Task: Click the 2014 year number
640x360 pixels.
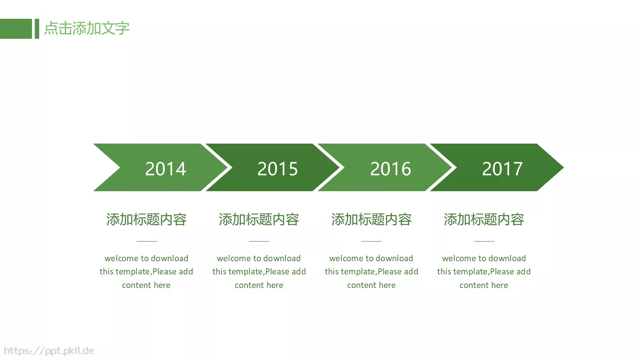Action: pyautogui.click(x=166, y=169)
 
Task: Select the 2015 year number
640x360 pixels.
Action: pyautogui.click(x=278, y=169)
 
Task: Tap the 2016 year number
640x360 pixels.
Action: pyautogui.click(x=390, y=169)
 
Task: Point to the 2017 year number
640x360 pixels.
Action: pyautogui.click(x=502, y=169)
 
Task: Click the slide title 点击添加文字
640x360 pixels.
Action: pyautogui.click(x=86, y=28)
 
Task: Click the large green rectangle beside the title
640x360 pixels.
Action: pyautogui.click(x=16, y=29)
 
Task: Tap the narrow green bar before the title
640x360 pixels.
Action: pyautogui.click(x=37, y=29)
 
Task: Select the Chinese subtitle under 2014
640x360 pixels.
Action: pyautogui.click(x=146, y=220)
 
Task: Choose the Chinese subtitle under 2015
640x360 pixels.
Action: pyautogui.click(x=259, y=220)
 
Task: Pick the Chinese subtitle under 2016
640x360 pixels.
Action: pyautogui.click(x=371, y=220)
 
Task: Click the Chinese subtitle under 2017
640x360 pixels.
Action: pyautogui.click(x=484, y=220)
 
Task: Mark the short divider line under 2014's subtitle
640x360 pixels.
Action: pyautogui.click(x=147, y=241)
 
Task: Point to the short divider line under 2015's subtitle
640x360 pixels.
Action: pyautogui.click(x=259, y=241)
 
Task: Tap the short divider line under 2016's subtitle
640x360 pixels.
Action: pyautogui.click(x=372, y=241)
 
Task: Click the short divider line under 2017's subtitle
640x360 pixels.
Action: pyautogui.click(x=484, y=241)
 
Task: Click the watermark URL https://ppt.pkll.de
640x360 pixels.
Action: pyautogui.click(x=49, y=351)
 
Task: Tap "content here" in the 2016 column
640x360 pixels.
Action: pyautogui.click(x=371, y=285)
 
